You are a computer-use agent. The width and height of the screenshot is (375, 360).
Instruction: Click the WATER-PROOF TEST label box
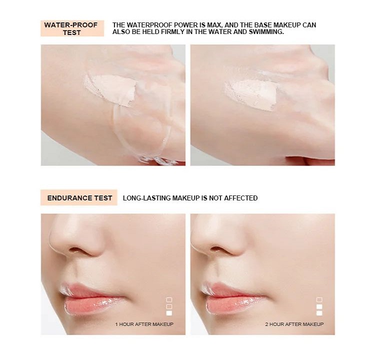72,28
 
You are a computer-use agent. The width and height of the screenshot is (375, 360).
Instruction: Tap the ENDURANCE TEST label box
79,197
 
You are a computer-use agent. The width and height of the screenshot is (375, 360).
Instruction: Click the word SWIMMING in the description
266,32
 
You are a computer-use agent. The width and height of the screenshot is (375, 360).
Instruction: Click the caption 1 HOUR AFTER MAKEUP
144,324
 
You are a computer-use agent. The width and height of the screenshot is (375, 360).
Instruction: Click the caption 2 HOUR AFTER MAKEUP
294,324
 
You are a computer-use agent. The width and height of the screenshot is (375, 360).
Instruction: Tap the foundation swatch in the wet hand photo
110,89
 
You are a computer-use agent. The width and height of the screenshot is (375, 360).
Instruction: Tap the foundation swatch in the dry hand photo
250,95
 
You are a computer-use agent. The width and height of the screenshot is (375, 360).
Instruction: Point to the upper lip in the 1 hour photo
88,290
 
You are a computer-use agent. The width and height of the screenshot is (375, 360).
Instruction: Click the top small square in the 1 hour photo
169,299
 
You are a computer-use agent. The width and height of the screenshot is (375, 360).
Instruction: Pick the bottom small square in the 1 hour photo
169,313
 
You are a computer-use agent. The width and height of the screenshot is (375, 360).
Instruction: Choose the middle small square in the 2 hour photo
319,306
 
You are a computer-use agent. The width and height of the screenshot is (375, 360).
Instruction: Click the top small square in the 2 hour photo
319,299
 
